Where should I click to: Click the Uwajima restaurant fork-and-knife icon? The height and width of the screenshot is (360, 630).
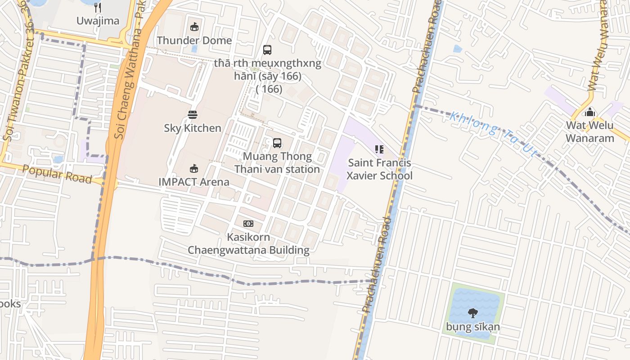pos(98,8)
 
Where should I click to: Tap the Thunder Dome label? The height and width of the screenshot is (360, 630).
pos(194,40)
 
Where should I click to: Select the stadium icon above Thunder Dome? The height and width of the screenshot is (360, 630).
pos(194,27)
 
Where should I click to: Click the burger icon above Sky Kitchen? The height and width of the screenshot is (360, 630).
pos(193,115)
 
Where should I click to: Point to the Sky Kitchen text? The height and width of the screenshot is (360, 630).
pos(193,128)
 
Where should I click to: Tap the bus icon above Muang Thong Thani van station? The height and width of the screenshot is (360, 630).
pos(277,143)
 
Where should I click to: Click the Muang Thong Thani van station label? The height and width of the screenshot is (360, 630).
pos(277,163)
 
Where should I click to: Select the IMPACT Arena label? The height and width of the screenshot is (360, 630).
pos(194,182)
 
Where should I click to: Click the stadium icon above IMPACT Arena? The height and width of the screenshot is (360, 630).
pos(194,169)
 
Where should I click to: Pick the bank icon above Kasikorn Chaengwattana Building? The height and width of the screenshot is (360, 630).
pos(248,224)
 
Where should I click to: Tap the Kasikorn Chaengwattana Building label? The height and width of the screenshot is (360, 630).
pos(248,244)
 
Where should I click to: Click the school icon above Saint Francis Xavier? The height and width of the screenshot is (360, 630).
pos(379,149)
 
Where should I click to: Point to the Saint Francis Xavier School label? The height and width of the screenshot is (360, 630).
pos(379,169)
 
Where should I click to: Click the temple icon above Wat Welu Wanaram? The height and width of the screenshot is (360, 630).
pos(590,112)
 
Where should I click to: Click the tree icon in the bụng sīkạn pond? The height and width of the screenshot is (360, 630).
pos(473,313)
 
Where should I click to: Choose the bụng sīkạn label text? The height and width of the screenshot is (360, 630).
pos(473,327)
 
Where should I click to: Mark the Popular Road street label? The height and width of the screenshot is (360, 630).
pos(57,174)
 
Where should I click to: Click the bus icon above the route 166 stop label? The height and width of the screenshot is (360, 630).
pos(267,50)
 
